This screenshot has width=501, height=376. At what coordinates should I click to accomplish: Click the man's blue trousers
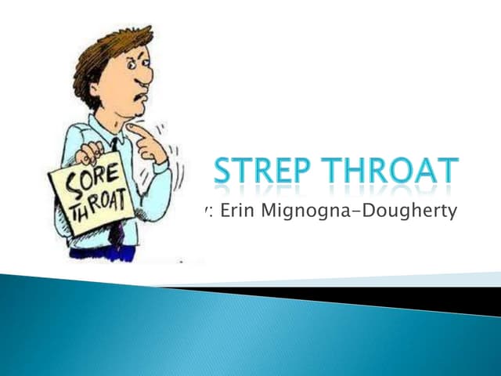point(102,252)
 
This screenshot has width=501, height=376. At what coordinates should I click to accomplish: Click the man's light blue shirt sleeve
point(160,179)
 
